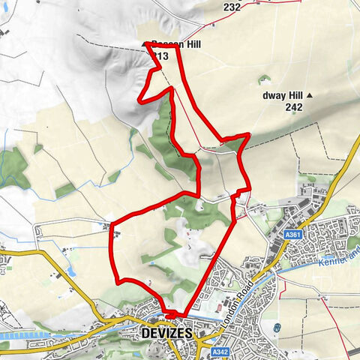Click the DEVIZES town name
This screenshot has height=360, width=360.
tap(166, 332)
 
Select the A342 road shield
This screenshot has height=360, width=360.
tap(219, 351)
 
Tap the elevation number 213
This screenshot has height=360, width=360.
tap(160, 56)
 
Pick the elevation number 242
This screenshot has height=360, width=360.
tap(294, 108)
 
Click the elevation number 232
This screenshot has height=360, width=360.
tap(232, 7)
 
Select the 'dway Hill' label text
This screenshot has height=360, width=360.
tap(280, 95)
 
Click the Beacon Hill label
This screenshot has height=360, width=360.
tap(176, 45)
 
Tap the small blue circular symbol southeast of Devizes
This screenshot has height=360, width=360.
tap(277, 328)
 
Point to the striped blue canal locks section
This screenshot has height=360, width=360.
tap(22, 335)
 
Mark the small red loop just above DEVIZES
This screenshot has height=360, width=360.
tap(172, 313)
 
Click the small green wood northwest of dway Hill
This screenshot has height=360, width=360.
tap(262, 78)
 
